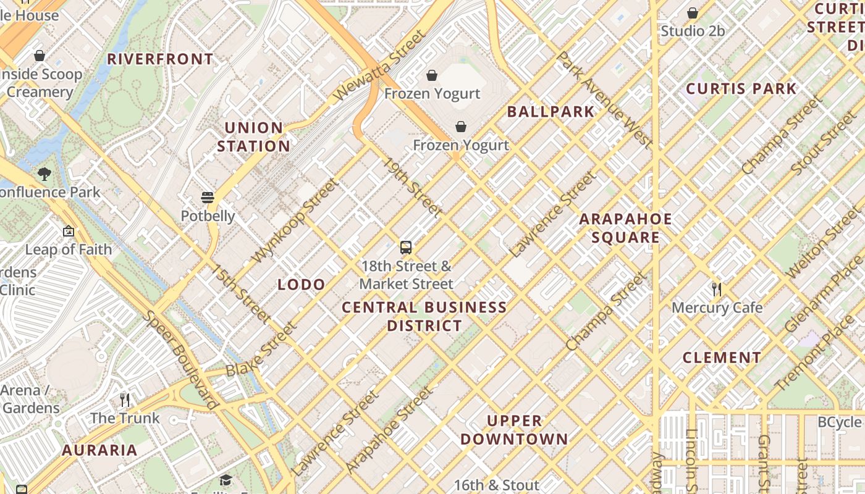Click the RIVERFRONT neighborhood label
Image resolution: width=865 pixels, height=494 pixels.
(x=160, y=59)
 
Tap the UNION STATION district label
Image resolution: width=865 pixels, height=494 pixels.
(x=253, y=137)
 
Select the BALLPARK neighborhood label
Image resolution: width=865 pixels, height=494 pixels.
(x=551, y=112)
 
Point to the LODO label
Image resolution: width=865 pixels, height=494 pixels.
(x=302, y=285)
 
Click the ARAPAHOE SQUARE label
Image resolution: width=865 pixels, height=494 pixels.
(x=625, y=228)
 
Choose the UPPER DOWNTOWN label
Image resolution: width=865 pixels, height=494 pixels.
(x=514, y=430)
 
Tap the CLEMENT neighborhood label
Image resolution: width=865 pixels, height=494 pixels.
(x=722, y=358)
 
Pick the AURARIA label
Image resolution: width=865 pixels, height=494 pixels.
(x=99, y=450)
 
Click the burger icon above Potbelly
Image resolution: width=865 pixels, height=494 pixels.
(x=208, y=198)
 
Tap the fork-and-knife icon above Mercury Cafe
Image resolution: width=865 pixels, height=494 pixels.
(x=717, y=289)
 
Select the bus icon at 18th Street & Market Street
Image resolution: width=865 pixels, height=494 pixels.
(x=406, y=248)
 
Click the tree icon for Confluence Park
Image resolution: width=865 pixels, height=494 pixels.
(x=44, y=174)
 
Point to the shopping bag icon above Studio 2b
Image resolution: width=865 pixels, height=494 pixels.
(x=693, y=13)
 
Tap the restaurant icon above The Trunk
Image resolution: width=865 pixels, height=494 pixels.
(x=125, y=400)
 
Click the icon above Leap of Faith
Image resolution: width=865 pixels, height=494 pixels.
(x=69, y=232)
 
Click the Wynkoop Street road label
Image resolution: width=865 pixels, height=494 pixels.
(x=296, y=220)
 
